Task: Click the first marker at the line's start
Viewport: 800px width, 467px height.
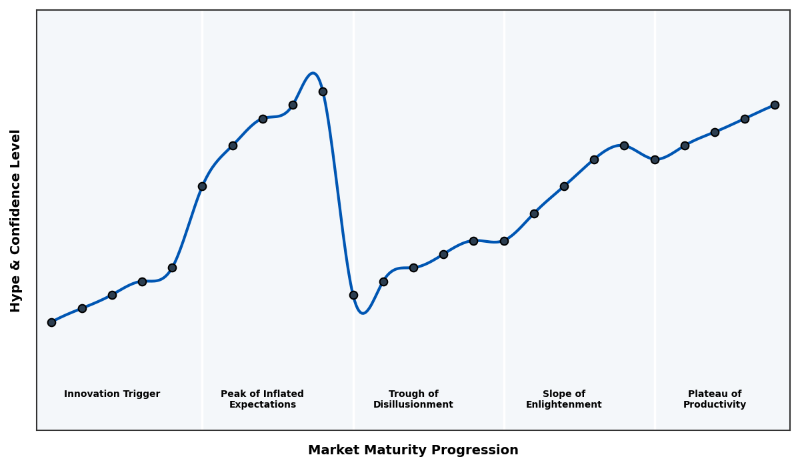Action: click(51, 322)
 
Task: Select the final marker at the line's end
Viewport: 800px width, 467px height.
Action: click(775, 105)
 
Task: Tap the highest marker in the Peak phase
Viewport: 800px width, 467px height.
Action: click(323, 91)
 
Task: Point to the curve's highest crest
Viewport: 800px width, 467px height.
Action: click(313, 73)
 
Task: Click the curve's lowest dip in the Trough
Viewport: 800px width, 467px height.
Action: click(363, 313)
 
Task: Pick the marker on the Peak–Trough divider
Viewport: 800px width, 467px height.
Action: click(353, 295)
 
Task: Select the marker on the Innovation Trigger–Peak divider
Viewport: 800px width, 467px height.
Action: click(202, 186)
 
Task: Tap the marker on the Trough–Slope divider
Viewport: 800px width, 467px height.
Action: click(504, 241)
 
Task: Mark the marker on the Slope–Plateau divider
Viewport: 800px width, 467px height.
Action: click(655, 159)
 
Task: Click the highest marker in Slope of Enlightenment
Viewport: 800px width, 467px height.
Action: click(624, 145)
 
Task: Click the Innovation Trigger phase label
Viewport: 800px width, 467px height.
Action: click(112, 394)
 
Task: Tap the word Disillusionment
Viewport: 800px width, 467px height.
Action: click(413, 405)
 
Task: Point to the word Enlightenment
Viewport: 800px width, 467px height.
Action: click(564, 405)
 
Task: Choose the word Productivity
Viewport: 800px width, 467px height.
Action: click(715, 405)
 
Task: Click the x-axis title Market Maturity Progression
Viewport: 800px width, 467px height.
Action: click(413, 450)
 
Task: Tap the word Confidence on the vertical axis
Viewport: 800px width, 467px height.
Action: click(16, 219)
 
